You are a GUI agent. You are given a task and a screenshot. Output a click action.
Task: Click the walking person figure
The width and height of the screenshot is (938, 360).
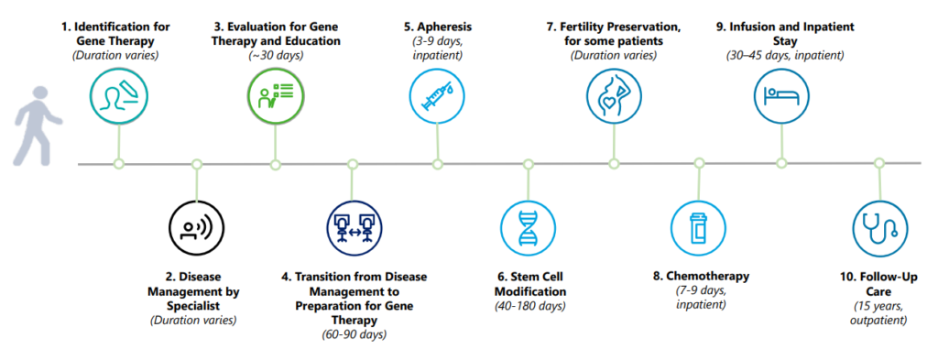click(x=37, y=125)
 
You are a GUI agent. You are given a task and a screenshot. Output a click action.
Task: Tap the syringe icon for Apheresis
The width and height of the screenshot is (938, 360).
click(x=438, y=95)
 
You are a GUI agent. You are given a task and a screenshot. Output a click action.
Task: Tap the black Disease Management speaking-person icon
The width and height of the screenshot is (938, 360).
click(x=196, y=228)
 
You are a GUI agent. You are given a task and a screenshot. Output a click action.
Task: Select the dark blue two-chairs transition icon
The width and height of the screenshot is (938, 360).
click(x=353, y=228)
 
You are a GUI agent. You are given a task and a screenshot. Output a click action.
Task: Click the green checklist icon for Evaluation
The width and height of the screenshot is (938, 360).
click(x=275, y=95)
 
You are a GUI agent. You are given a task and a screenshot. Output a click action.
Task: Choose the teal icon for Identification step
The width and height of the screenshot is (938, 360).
click(x=118, y=95)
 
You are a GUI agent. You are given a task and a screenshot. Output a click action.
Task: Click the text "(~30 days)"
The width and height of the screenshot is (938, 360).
click(x=275, y=56)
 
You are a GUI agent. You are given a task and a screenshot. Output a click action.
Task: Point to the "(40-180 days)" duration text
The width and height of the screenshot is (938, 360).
click(x=529, y=307)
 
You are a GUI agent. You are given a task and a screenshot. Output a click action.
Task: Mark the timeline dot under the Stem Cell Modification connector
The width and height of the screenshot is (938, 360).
click(x=528, y=163)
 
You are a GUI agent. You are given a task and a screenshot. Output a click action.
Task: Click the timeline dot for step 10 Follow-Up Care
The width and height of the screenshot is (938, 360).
click(x=879, y=163)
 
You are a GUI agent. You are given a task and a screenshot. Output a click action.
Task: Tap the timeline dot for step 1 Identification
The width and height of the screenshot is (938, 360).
click(x=118, y=163)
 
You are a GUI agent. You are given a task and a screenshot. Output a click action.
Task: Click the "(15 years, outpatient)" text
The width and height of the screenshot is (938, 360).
click(x=878, y=313)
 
